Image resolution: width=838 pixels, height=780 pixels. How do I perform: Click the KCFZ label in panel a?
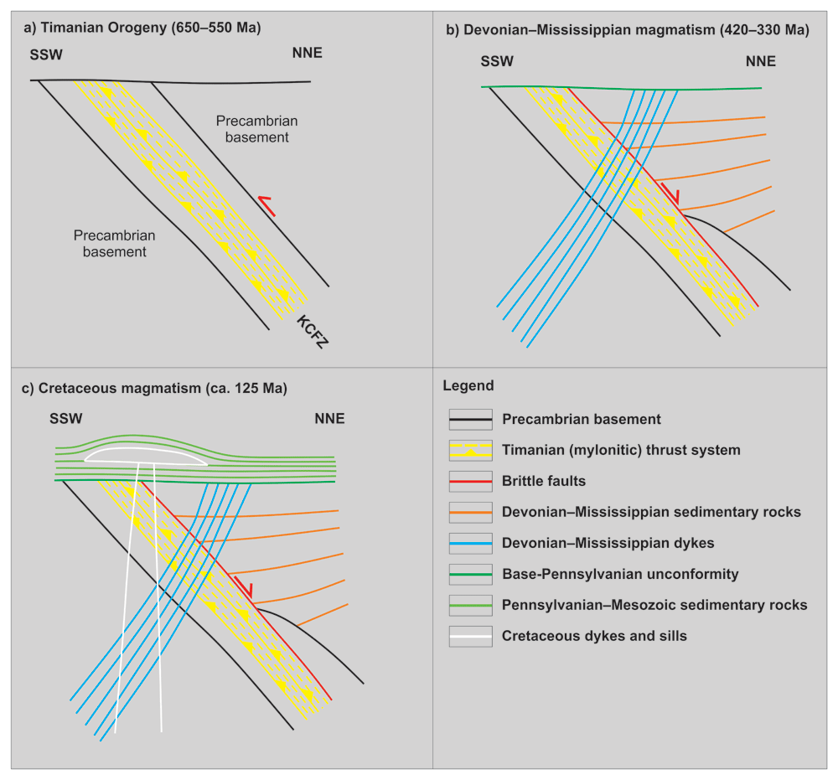[312, 332]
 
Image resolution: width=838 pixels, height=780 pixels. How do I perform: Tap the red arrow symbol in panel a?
[266, 206]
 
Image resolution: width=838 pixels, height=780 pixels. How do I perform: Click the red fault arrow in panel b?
[670, 193]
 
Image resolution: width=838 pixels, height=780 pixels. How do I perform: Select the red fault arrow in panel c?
[243, 586]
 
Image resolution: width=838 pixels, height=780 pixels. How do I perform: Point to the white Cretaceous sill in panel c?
[145, 456]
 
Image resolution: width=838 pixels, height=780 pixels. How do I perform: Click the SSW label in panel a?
[46, 55]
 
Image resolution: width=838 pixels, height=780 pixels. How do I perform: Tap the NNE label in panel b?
[761, 61]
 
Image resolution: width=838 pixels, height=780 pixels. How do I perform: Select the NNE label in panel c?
[329, 418]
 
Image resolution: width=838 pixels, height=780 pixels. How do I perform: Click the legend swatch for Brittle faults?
[470, 482]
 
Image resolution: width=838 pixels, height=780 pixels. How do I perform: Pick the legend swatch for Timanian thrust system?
[470, 451]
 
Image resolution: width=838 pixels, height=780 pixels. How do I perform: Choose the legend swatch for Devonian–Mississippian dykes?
[470, 544]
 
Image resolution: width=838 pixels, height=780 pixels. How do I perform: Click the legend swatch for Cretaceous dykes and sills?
[470, 636]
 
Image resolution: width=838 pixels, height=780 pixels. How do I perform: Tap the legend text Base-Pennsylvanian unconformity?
[620, 574]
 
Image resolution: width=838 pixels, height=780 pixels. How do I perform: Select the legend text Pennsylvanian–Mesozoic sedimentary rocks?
[654, 605]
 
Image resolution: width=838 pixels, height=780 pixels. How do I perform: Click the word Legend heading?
[468, 386]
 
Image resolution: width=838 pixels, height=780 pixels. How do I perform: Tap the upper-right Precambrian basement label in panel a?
[256, 129]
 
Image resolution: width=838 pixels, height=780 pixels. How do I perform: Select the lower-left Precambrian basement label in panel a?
[114, 244]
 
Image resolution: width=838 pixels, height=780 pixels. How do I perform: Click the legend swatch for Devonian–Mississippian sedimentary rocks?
[470, 513]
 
